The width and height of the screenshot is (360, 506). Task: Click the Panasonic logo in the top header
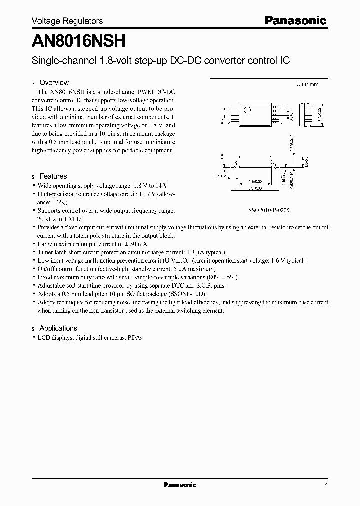[x=295, y=21]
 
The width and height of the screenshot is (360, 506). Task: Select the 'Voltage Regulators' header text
[x=67, y=21]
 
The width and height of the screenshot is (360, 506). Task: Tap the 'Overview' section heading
[x=54, y=83]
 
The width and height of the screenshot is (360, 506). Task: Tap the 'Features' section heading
[x=53, y=176]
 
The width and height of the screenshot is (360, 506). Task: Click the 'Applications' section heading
[x=58, y=328]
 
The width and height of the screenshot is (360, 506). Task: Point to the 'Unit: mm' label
[x=307, y=84]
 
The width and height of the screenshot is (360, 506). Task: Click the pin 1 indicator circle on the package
[x=247, y=110]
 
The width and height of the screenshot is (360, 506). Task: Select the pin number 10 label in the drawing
[x=282, y=107]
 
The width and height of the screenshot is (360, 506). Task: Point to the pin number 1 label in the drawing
[x=228, y=107]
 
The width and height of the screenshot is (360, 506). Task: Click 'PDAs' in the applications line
[x=135, y=338]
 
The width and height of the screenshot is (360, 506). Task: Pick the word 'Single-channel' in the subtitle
[x=56, y=61]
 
